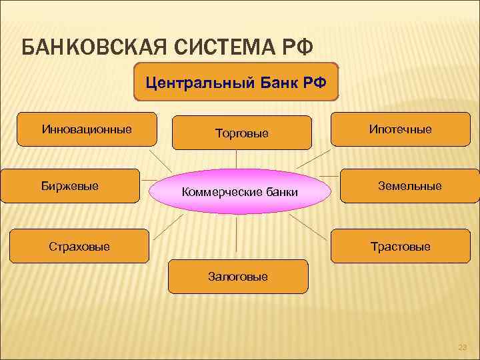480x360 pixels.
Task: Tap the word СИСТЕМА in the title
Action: [x=221, y=48]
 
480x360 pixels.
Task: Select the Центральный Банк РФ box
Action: [x=237, y=82]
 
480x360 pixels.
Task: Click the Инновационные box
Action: [x=87, y=129]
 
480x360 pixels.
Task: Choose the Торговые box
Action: [x=242, y=133]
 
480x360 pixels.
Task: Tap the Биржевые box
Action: [x=70, y=185]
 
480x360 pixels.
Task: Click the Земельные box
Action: [x=410, y=186]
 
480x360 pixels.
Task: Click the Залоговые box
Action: [x=238, y=276]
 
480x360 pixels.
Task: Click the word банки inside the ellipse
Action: [x=281, y=193]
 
